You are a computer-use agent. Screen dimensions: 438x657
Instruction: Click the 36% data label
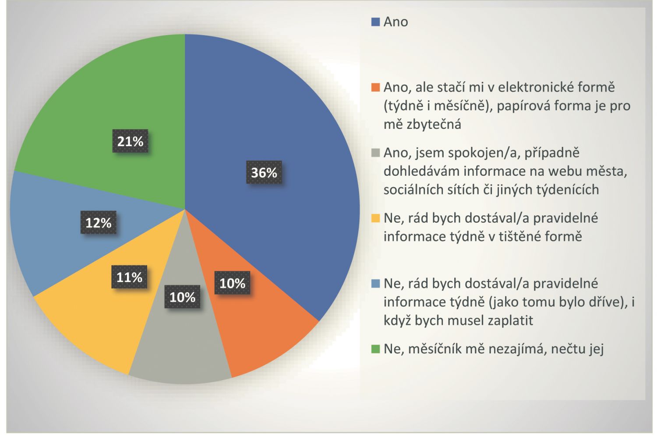[264, 173]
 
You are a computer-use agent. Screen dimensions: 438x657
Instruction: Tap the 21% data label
[130, 141]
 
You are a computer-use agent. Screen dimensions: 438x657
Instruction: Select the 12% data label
[98, 223]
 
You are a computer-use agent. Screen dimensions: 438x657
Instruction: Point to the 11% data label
[129, 277]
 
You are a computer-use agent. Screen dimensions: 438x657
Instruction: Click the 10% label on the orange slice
[232, 283]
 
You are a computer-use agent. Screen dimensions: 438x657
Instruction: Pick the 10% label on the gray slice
[182, 297]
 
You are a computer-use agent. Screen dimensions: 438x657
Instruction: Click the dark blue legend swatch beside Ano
[375, 22]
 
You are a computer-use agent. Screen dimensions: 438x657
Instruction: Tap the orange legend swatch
[375, 87]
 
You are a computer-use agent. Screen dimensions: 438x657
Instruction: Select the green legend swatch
[375, 349]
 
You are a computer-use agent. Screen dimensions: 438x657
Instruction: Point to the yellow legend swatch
[375, 218]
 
